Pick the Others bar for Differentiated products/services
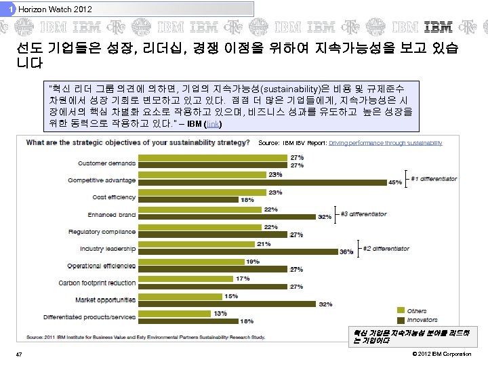(174, 312)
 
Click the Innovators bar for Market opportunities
(227, 304)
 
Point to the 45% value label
(394, 182)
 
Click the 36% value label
(346, 252)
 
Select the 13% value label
(220, 312)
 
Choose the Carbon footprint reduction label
(97, 282)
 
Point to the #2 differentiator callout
(386, 249)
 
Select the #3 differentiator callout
(363, 213)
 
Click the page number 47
(21, 354)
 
